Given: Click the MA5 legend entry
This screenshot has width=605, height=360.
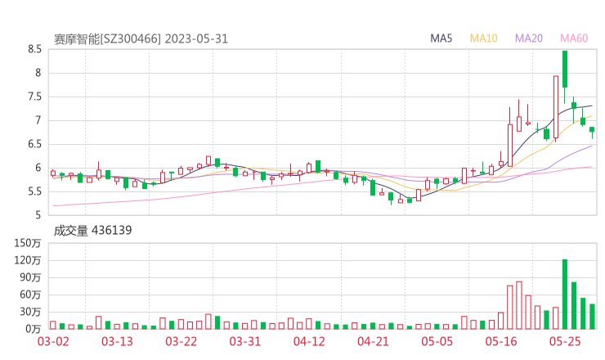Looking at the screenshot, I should [x=441, y=38].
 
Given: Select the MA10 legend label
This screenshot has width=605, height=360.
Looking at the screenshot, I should [x=484, y=38].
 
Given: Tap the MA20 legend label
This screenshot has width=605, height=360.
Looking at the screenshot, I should [x=528, y=38].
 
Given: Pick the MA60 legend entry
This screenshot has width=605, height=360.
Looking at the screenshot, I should [x=574, y=38].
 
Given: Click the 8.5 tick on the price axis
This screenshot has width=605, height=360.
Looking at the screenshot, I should [x=34, y=49].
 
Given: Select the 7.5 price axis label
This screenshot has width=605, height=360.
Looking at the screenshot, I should [x=34, y=97].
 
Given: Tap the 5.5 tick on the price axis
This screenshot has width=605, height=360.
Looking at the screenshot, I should [x=34, y=191].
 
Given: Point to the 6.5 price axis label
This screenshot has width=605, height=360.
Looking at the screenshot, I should [x=34, y=144].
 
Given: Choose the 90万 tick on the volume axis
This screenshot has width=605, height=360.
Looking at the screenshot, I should [x=30, y=277].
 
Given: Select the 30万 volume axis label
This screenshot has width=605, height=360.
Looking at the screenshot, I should [x=30, y=312].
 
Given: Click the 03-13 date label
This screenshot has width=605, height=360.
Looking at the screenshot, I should [x=116, y=342].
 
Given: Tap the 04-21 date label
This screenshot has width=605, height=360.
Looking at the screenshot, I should [x=372, y=342].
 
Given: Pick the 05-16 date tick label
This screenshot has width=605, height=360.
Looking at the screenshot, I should [x=500, y=342].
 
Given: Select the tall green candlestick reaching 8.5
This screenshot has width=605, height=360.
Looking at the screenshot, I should [x=565, y=70].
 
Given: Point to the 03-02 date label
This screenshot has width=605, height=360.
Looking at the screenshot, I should [x=52, y=342].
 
